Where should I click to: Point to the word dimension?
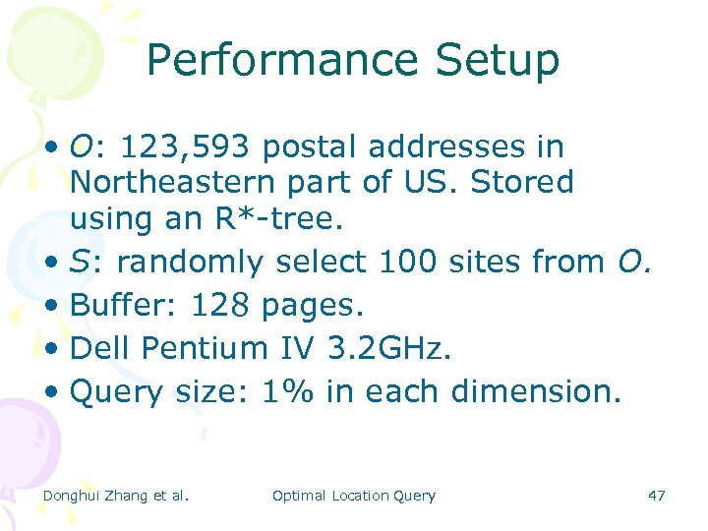[536, 391]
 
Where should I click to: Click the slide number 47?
[657, 496]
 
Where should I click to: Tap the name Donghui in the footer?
[73, 496]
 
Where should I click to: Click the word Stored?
[523, 183]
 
